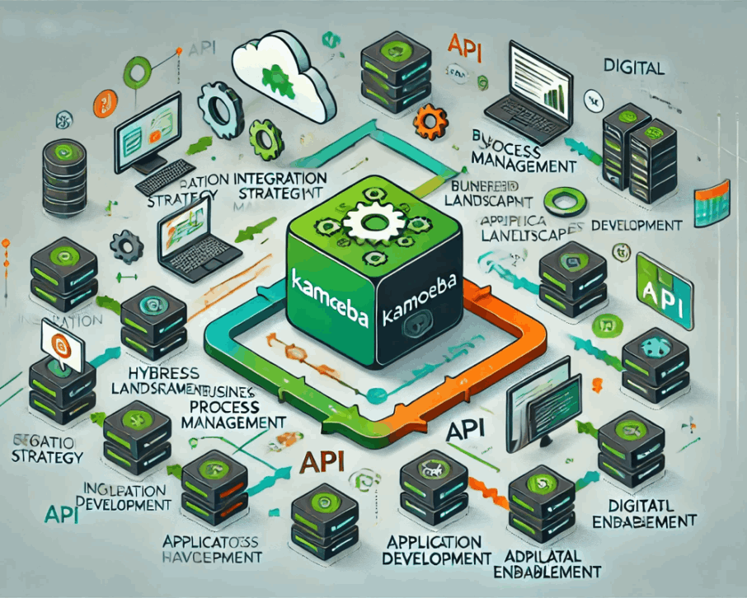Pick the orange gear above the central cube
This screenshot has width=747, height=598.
coord(428,123)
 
